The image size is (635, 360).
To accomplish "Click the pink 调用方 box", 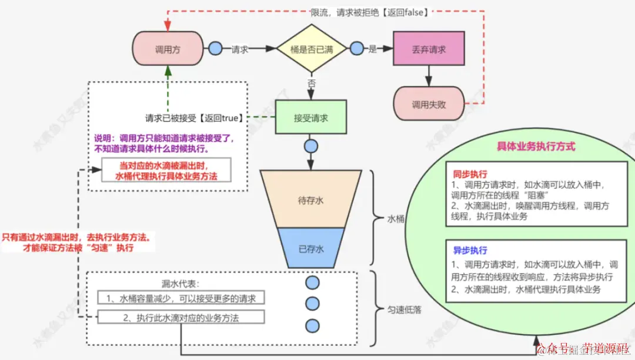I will point(168,50).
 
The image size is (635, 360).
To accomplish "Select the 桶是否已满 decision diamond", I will point(312,50).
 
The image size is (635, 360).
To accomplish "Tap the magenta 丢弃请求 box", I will point(429,50).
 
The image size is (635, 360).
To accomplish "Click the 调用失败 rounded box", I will point(429,105).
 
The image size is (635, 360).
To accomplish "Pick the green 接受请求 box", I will point(311,118).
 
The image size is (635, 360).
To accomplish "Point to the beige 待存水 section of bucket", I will point(311,201).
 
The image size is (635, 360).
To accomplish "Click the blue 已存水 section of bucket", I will point(312,249).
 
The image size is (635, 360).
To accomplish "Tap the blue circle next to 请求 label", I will point(215,49).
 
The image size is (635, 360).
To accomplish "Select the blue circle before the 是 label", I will point(356,49).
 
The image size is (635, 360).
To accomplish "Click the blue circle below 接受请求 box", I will point(311,146).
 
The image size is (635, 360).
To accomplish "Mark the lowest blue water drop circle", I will point(312,325).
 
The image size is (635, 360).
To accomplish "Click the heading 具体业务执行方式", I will point(536,146).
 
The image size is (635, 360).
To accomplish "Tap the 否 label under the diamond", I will point(312,84).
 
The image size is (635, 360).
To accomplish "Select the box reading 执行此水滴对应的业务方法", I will point(181,318).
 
